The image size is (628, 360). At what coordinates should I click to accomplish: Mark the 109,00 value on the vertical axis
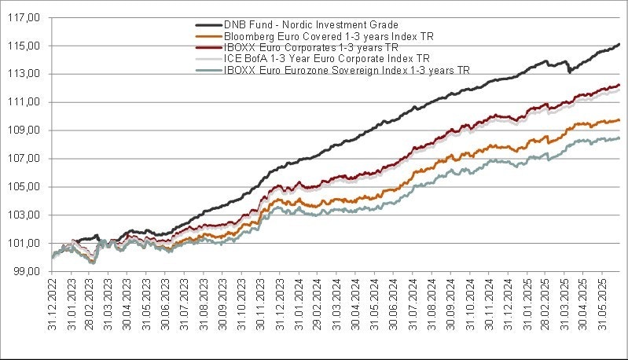[27, 130]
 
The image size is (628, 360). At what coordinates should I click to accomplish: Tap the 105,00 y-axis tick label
[27, 187]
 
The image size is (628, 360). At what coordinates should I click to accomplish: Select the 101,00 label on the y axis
[27, 243]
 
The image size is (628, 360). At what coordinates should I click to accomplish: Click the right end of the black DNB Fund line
[619, 44]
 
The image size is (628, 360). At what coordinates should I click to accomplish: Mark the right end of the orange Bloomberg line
[619, 120]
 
